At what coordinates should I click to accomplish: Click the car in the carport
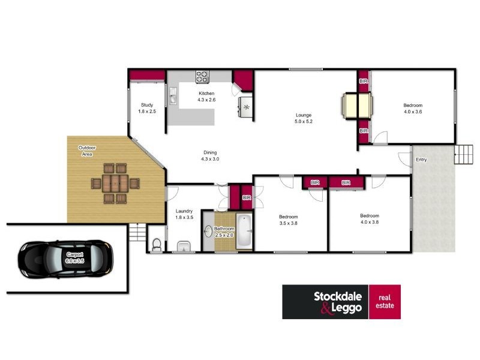65,259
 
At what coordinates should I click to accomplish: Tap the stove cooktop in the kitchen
202,77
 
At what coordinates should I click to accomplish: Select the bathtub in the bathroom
244,231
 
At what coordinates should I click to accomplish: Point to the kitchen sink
173,95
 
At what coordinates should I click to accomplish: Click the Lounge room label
304,118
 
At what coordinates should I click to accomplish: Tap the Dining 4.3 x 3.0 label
210,155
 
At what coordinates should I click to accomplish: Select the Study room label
147,108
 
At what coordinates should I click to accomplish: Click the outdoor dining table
115,184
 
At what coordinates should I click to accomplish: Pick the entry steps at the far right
464,154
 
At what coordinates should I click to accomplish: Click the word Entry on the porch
421,160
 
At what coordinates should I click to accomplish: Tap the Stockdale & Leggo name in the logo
338,302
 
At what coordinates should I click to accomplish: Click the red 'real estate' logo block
385,302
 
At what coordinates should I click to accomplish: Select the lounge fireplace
358,106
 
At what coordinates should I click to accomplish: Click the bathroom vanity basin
208,231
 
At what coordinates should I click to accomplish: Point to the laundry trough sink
184,246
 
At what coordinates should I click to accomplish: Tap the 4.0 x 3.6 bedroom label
413,109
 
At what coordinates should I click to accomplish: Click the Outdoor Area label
87,151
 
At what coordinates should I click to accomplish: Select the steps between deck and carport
137,232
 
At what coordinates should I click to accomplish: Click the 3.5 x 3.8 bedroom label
288,220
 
